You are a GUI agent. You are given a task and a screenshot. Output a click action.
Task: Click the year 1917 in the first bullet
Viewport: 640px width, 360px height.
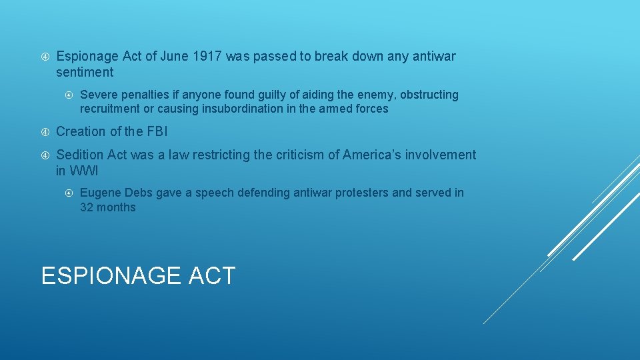208,57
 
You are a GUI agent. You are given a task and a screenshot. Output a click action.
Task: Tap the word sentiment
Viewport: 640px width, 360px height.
85,72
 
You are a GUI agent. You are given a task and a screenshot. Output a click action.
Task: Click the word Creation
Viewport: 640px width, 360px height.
81,131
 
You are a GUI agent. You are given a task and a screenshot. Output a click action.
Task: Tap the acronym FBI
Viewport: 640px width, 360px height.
155,131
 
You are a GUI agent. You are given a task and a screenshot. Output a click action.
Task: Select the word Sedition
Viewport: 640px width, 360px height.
81,155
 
